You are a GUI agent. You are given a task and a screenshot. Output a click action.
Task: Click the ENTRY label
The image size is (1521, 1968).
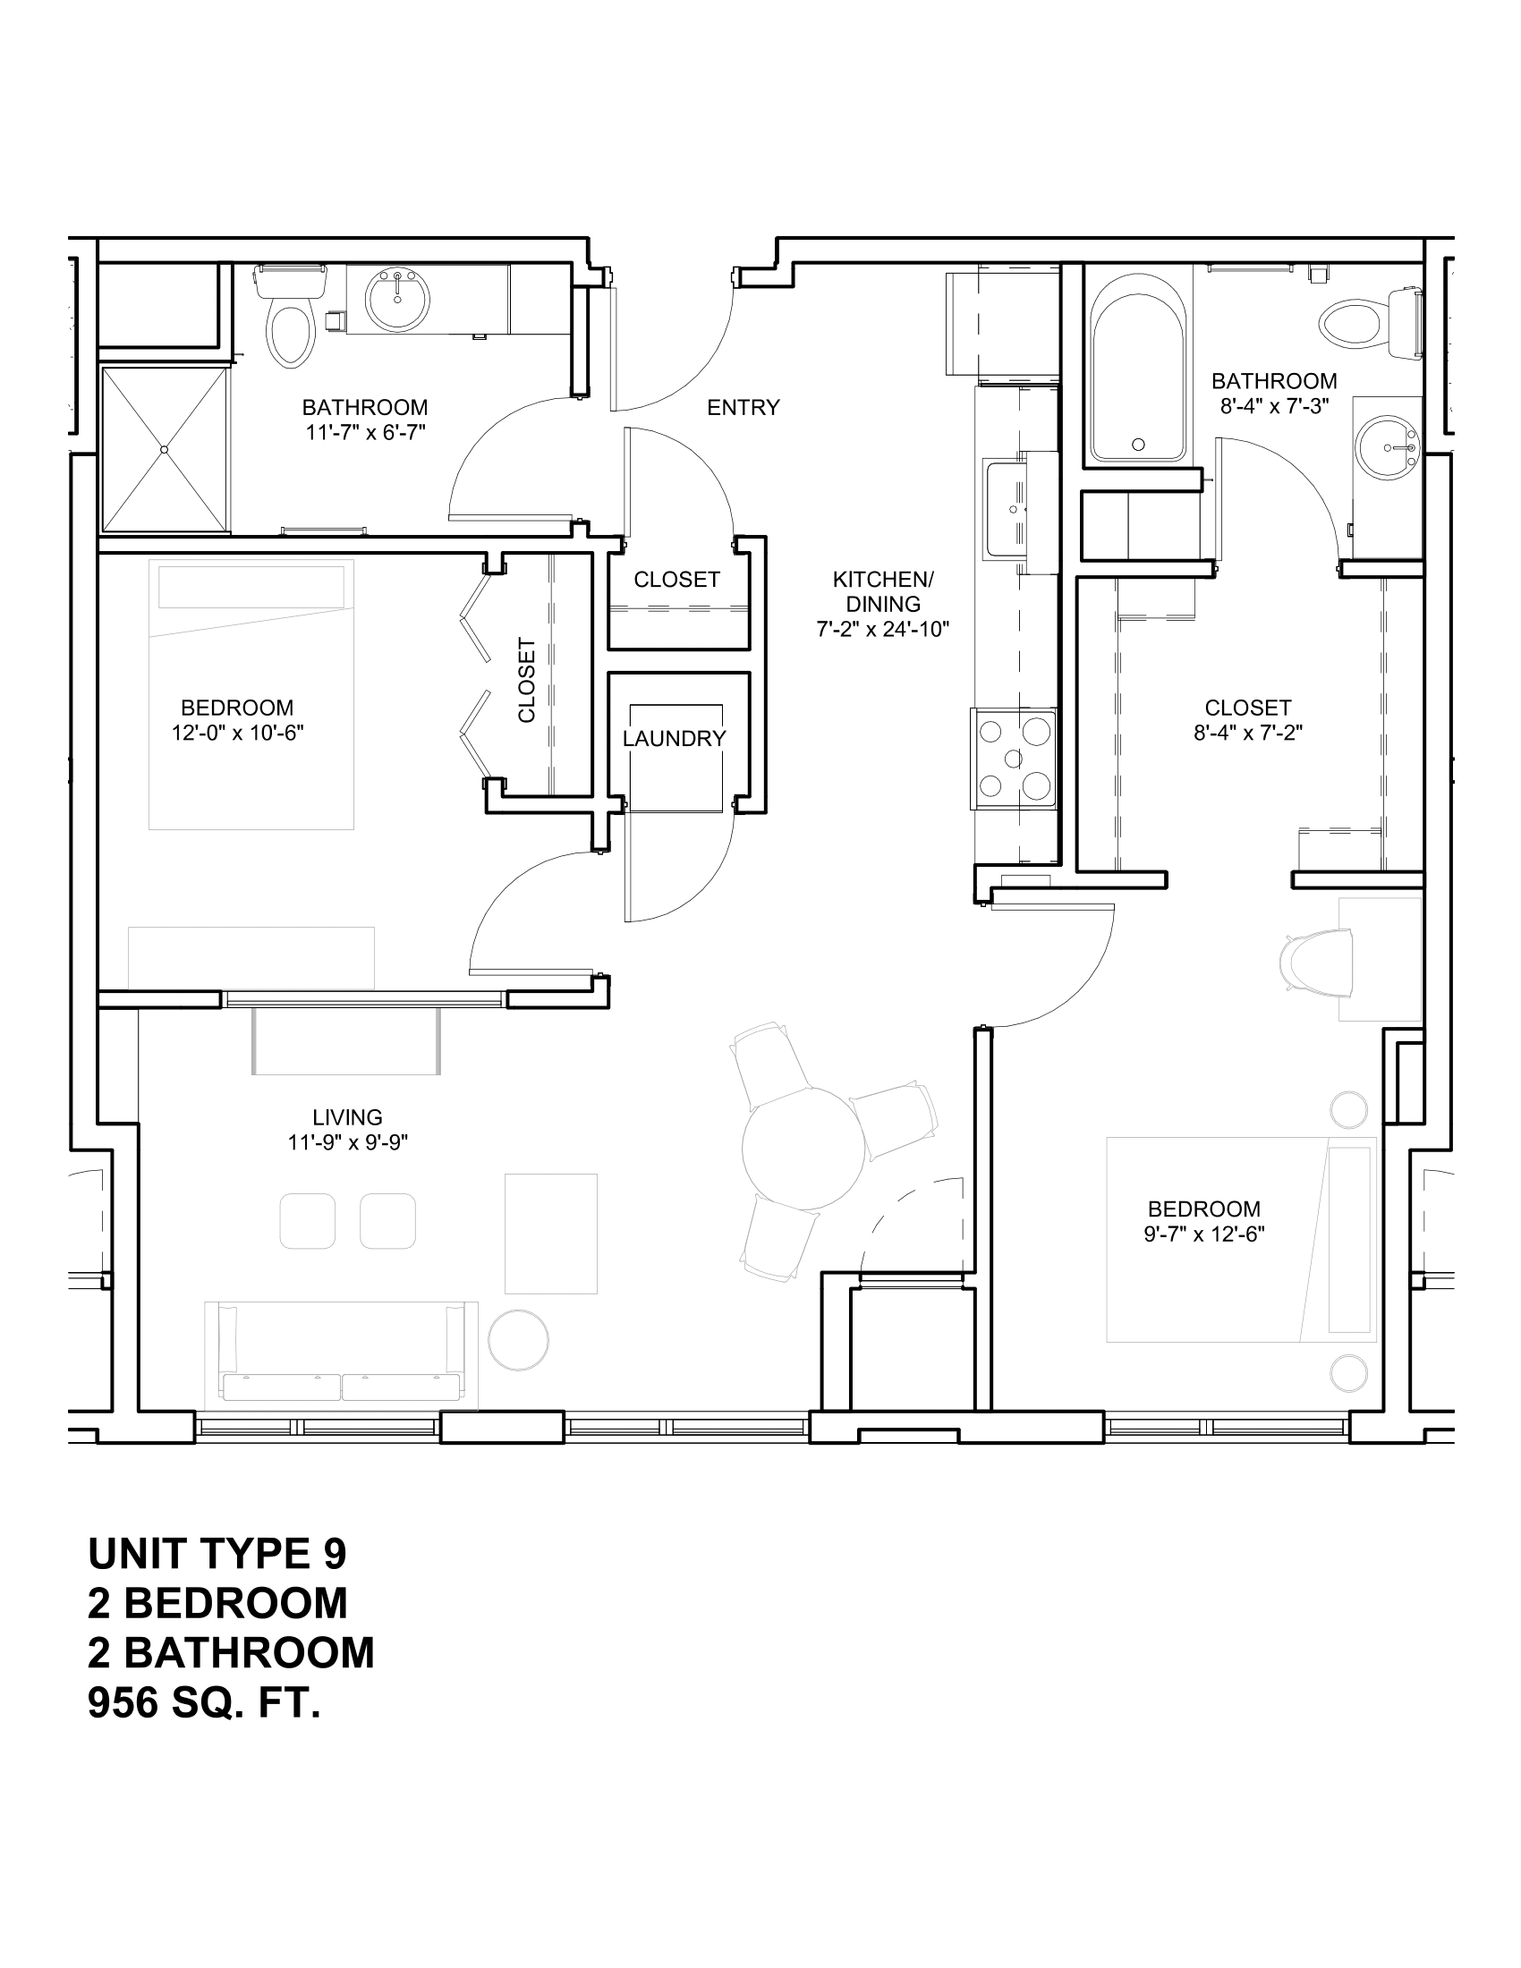[x=743, y=408]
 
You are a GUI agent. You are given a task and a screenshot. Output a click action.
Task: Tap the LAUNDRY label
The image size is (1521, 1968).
[x=674, y=739]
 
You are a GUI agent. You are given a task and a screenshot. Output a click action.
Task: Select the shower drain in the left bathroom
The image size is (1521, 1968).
[x=164, y=449]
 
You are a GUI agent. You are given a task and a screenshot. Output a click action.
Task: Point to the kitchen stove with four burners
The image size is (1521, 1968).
[x=1014, y=758]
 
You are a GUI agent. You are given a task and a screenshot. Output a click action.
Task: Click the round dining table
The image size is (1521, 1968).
[x=803, y=1147]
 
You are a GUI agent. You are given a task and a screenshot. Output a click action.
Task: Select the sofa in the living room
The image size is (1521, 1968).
[x=342, y=1354]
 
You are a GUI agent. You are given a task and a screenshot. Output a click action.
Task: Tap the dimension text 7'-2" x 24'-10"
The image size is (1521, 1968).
[x=883, y=630]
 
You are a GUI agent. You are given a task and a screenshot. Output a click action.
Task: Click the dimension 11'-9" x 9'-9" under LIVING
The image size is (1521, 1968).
[x=348, y=1142]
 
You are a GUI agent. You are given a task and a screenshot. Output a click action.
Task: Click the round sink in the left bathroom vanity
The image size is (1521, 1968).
[x=396, y=298]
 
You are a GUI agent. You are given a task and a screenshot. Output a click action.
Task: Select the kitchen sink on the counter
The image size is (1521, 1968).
[x=1007, y=509]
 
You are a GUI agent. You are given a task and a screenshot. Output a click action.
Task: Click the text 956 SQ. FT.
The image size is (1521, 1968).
[x=205, y=1703]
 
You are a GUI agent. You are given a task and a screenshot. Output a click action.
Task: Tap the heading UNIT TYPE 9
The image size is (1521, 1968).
[x=217, y=1554]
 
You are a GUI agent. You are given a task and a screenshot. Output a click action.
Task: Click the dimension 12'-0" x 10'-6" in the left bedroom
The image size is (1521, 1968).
[x=238, y=733]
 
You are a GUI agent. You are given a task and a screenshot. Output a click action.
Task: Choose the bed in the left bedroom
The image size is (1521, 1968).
[x=251, y=695]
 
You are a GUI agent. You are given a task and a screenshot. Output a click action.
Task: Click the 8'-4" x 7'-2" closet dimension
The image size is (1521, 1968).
[x=1248, y=733]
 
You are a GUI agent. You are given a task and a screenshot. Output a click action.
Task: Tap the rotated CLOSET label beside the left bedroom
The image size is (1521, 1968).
[x=527, y=680]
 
